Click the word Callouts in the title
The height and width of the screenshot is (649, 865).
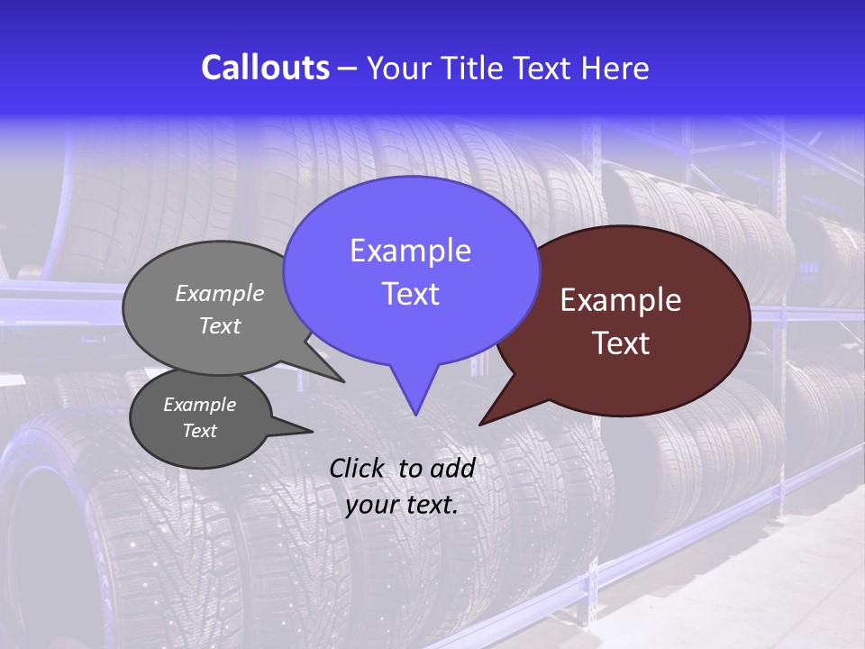click(x=265, y=68)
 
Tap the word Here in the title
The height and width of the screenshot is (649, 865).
click(x=615, y=68)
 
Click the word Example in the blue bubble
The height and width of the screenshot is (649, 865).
click(x=410, y=251)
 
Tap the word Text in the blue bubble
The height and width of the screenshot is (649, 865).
click(x=410, y=294)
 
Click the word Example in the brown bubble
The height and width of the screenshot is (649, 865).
click(x=621, y=300)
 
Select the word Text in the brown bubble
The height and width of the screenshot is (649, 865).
click(x=621, y=343)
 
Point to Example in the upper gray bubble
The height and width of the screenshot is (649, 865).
click(x=220, y=293)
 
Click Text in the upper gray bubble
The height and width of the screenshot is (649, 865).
click(x=220, y=325)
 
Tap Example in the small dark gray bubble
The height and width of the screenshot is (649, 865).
click(x=199, y=405)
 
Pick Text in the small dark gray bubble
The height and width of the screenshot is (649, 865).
click(x=199, y=431)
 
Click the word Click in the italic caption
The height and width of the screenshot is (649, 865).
click(x=359, y=468)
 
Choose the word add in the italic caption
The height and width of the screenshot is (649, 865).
click(x=452, y=468)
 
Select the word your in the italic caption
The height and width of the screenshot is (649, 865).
click(x=370, y=505)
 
